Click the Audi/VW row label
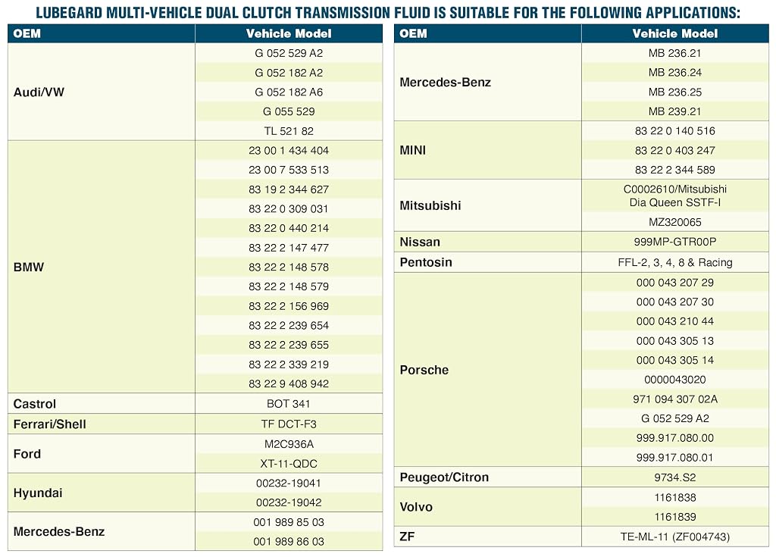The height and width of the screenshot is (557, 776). pyautogui.click(x=39, y=92)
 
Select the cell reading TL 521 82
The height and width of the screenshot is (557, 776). pyautogui.click(x=289, y=131)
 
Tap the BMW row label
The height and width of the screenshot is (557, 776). pyautogui.click(x=29, y=267)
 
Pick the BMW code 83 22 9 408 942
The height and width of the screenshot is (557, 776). pyautogui.click(x=289, y=383)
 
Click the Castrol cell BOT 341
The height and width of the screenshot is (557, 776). pyautogui.click(x=289, y=403)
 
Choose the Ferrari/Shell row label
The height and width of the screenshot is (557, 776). pyautogui.click(x=49, y=424)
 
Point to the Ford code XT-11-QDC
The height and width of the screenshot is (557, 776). pyautogui.click(x=289, y=464)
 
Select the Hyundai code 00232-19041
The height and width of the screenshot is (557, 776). pyautogui.click(x=289, y=483)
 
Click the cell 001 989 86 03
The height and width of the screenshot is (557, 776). pyautogui.click(x=289, y=541)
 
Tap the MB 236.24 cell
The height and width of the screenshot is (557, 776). pyautogui.click(x=675, y=72)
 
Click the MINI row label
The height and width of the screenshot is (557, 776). pyautogui.click(x=413, y=150)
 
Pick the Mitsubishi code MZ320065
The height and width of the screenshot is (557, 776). pyautogui.click(x=675, y=222)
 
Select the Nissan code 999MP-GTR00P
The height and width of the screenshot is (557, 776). pyautogui.click(x=675, y=242)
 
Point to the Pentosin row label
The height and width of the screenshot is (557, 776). pyautogui.click(x=426, y=262)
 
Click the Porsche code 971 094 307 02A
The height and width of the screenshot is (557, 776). pyautogui.click(x=675, y=399)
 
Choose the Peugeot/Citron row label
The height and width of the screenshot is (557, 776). pyautogui.click(x=444, y=477)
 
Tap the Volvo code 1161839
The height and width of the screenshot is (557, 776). pyautogui.click(x=675, y=517)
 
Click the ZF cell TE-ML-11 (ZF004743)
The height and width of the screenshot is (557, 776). pyautogui.click(x=675, y=537)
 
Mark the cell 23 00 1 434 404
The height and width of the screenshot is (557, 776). pyautogui.click(x=289, y=151)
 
